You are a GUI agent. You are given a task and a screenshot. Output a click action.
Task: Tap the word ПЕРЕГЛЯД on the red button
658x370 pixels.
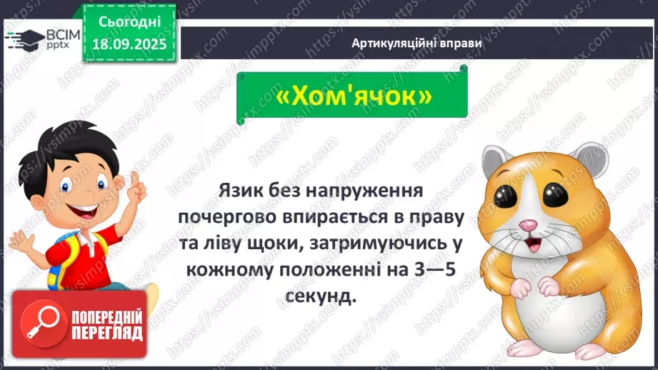coord(107,332)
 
